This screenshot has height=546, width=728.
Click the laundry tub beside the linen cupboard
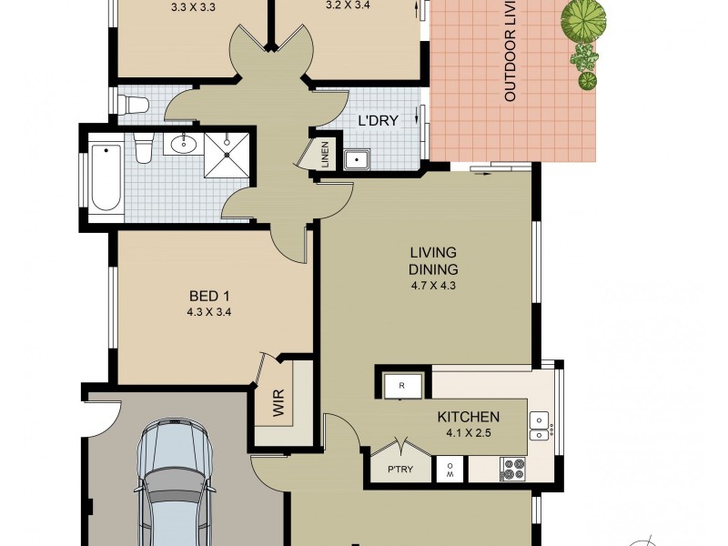click(359, 157)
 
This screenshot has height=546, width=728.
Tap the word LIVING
click(433, 253)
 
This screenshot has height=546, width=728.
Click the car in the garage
click(173, 482)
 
